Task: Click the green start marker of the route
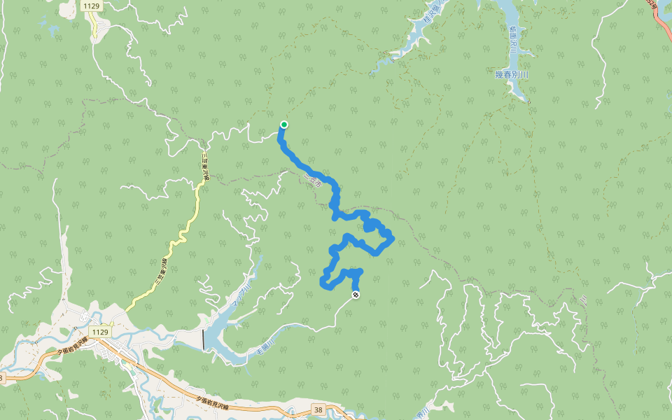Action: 284,125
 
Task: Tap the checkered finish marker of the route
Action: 356,295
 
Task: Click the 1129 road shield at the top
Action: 90,6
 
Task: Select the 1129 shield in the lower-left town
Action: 100,331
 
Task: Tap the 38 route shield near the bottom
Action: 318,409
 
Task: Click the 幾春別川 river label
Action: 512,74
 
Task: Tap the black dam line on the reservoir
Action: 204,339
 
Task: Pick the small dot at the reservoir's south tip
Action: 529,101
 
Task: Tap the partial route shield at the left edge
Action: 2,378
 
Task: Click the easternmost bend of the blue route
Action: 393,239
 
